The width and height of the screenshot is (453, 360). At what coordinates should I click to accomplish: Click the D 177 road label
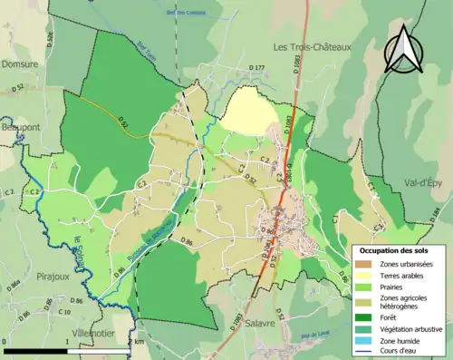(x=255, y=68)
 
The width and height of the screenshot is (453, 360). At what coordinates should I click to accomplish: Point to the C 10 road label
(x=63, y=313)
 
